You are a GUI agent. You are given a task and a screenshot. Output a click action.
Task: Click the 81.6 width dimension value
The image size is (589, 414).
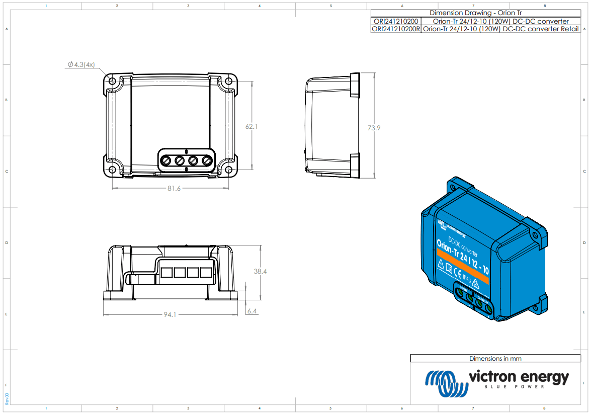point(174,188)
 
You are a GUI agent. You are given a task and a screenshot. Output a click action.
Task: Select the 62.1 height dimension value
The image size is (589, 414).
point(251,127)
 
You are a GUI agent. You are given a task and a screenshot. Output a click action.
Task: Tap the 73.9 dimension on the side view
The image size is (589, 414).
point(374,128)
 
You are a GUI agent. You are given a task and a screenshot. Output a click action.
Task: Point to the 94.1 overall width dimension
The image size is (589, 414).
point(170,315)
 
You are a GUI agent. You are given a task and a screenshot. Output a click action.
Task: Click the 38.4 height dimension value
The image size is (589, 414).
point(260,271)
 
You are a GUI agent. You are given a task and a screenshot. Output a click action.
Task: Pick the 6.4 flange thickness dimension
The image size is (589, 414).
point(251,311)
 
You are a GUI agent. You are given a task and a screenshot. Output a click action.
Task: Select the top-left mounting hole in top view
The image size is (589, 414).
point(112,81)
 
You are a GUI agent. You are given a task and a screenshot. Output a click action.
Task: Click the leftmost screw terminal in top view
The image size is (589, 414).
point(166,160)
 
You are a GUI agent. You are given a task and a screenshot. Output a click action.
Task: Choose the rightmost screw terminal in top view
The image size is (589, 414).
point(206,160)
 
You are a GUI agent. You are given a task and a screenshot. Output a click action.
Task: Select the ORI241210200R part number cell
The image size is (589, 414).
point(395,29)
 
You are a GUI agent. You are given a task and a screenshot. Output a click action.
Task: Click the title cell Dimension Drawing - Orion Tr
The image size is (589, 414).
point(475,13)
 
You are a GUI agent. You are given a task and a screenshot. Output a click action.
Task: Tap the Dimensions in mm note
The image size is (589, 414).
point(495,359)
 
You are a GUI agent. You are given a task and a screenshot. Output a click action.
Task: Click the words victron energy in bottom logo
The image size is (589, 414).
point(518,377)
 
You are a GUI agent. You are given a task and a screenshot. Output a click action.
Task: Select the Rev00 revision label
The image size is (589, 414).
point(7,398)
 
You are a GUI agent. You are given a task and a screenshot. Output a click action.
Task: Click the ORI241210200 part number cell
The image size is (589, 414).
point(395,21)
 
